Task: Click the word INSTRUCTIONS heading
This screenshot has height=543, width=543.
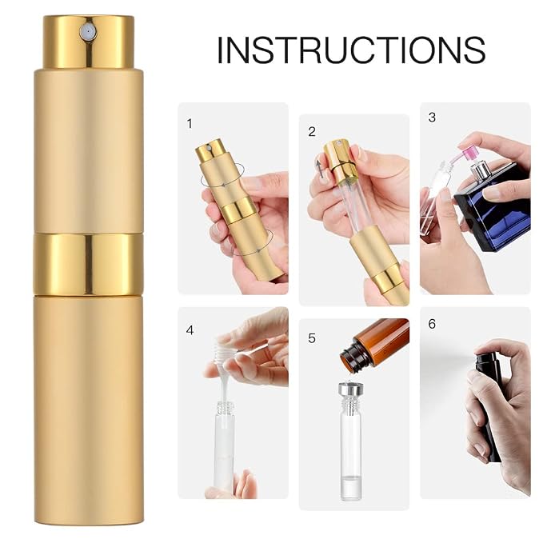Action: point(351,50)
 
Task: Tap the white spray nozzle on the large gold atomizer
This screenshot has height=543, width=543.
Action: point(89,32)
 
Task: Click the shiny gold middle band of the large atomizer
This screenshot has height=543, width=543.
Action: point(88,264)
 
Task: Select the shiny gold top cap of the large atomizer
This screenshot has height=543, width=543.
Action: point(89,42)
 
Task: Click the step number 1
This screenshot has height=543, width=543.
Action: point(190,124)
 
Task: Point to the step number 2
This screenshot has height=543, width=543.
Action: point(312,132)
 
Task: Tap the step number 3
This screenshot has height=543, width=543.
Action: point(432,117)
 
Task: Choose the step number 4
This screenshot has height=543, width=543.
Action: point(190,330)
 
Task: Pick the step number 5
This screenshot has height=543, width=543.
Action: point(312,338)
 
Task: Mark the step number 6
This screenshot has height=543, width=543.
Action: point(432,323)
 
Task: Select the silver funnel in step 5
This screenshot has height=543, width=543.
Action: point(352,388)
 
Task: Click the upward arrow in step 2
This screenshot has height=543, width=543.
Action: point(319,169)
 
